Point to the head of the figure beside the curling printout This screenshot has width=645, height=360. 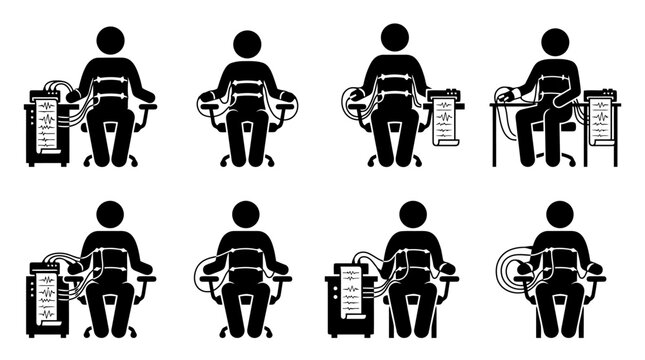click(396, 37)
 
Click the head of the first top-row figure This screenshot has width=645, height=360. click(109, 41)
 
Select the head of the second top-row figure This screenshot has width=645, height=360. click(247, 43)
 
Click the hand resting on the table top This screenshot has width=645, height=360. click(507, 96)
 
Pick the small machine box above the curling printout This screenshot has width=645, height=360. click(443, 98)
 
